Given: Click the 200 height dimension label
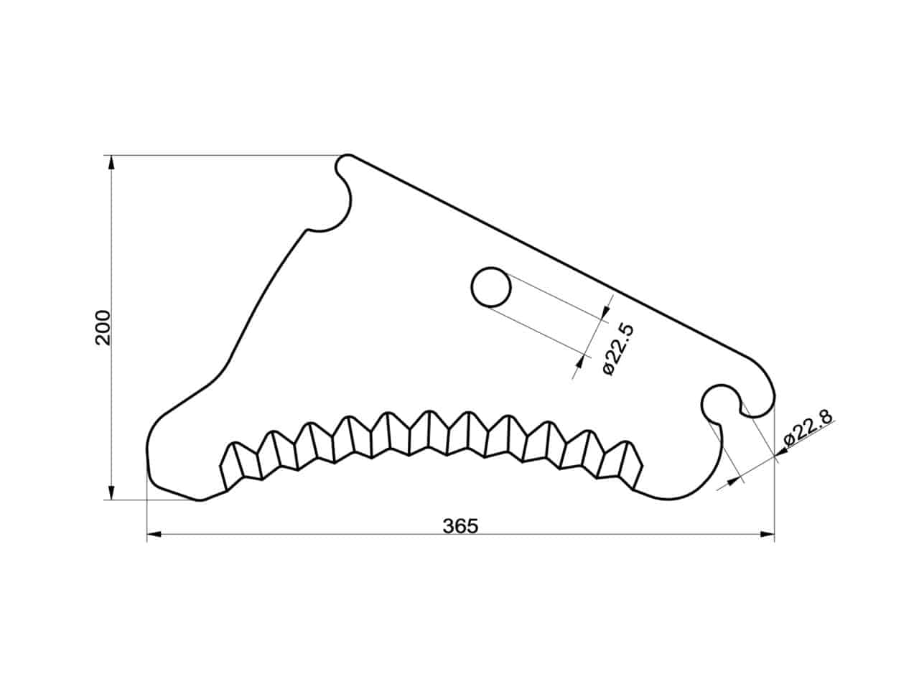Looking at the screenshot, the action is point(103,327).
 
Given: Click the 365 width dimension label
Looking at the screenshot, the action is point(460,526).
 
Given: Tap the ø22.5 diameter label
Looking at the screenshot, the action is point(618,350).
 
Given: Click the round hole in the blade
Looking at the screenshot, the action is point(491,287).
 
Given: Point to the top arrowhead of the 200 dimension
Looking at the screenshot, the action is point(111,163).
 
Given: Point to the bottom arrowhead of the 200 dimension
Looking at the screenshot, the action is point(111,492).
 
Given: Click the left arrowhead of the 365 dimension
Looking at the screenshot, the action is point(154,534).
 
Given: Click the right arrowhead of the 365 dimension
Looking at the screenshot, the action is point(767,534).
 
